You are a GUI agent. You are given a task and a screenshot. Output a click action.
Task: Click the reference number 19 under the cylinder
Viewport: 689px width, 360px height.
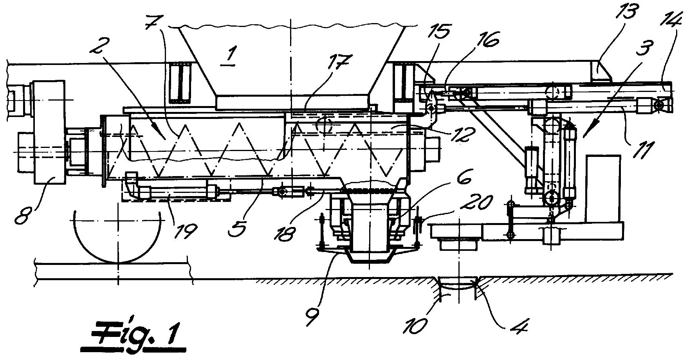tap(184, 229)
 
